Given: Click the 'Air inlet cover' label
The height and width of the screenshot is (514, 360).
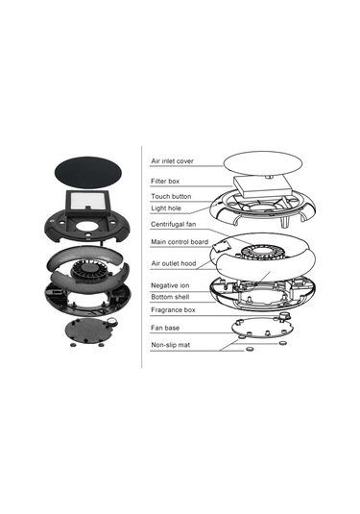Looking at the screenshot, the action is pos(172,161).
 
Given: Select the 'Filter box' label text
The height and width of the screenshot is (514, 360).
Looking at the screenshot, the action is pos(165,181).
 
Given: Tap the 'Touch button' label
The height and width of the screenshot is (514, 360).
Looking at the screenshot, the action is pos(171,196).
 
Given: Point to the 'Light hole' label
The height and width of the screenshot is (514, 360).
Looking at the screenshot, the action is pos(166,208).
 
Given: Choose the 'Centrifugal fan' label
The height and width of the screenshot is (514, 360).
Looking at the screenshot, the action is pos(174,224).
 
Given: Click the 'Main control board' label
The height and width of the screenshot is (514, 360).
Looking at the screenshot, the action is pos(180,242).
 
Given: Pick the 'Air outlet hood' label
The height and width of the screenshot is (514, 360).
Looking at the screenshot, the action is pos(174,263).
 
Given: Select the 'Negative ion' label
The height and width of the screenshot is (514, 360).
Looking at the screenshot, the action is pos(170,285).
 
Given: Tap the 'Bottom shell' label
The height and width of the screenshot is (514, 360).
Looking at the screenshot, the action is pos(170,297).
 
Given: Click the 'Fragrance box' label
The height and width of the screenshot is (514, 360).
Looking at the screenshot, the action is pos(173,309).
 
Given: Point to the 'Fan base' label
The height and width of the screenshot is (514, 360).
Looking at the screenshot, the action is pos(165,328).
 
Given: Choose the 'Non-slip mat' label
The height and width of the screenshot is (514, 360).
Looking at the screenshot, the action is pos(170,345).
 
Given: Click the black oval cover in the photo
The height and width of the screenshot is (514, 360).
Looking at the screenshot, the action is pos(87,172).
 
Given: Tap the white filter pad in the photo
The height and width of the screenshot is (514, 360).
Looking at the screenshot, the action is pos(86,201).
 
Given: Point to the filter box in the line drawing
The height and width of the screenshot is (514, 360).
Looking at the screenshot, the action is pos(263,186).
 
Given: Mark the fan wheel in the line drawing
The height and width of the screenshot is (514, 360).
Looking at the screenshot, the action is pos(260,253).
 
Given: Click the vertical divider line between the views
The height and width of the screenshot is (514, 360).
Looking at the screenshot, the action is pos(141,257).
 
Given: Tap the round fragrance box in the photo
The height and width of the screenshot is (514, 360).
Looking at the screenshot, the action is pos(112,322).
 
